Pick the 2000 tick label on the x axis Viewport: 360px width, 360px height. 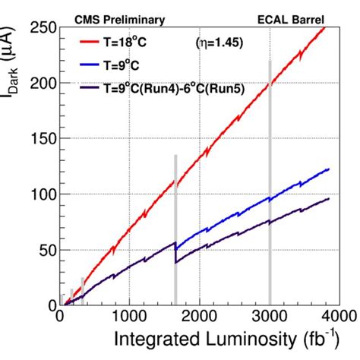click(x=199, y=317)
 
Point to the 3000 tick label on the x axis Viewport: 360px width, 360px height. click(x=269, y=317)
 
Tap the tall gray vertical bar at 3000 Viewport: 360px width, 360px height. click(x=270, y=182)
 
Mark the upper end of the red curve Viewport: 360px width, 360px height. click(x=325, y=27)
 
